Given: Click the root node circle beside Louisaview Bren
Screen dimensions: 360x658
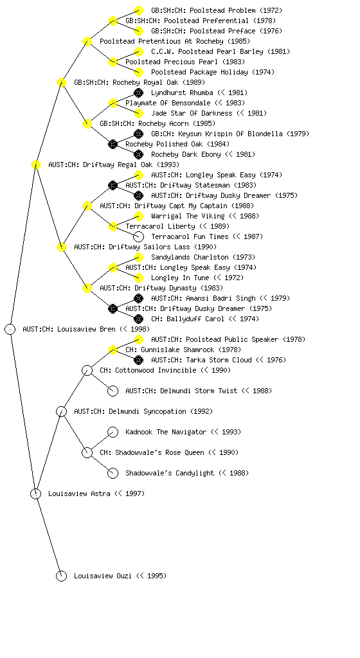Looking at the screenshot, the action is [10, 329].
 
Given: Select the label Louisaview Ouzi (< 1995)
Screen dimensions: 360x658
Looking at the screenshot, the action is [120, 576].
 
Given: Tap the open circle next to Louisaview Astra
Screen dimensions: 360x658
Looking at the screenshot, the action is [35, 493].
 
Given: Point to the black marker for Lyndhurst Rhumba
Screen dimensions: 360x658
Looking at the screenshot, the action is [138, 93].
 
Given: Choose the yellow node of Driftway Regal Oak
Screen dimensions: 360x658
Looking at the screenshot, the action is [35, 164].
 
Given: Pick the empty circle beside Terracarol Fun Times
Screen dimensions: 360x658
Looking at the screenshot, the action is [138, 236].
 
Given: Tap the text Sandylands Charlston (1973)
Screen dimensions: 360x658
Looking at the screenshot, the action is [203, 257].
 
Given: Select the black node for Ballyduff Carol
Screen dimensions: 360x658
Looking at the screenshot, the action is [138, 319].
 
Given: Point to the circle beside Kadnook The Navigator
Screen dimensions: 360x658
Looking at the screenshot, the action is [113, 432].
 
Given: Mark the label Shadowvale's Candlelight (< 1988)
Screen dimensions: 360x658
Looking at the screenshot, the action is [187, 473].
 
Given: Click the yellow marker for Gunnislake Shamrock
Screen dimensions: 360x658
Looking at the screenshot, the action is [113, 350].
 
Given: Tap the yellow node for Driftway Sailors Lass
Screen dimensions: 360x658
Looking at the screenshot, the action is [61, 247].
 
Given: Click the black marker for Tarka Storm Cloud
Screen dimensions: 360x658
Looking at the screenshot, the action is [138, 360].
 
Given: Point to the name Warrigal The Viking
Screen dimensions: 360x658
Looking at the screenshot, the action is [188, 216].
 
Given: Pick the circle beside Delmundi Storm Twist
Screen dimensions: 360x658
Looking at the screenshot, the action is [113, 391].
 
